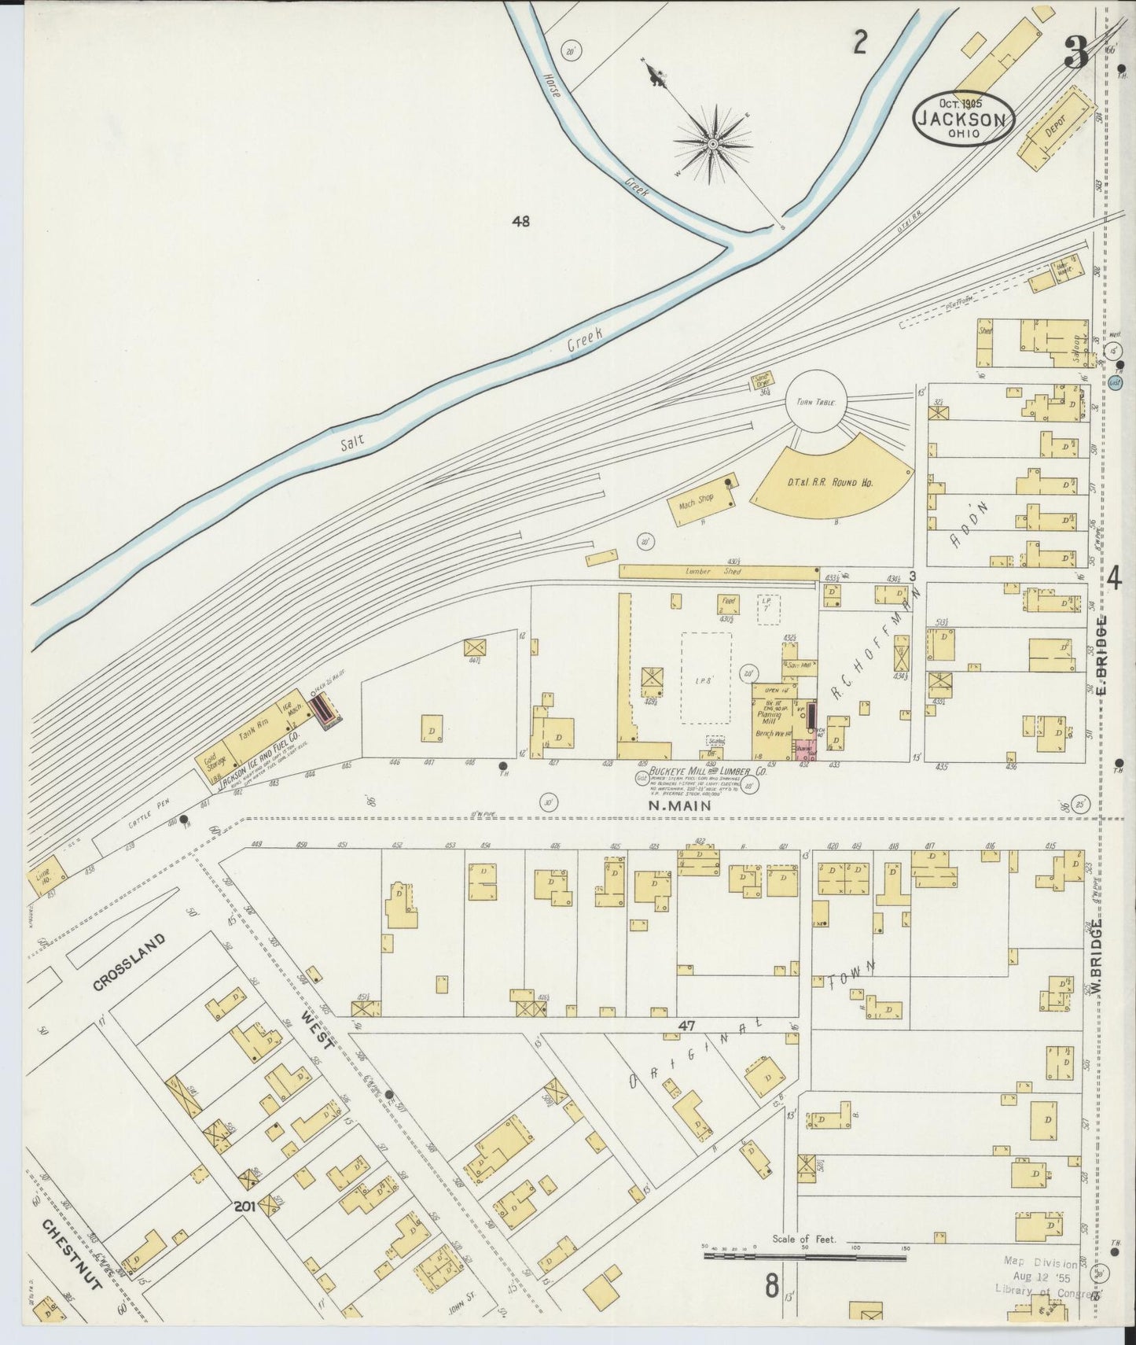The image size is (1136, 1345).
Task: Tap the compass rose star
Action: tap(712, 144)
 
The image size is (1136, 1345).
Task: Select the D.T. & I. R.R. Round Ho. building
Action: tap(833, 481)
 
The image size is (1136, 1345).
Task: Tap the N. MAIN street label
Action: tap(679, 805)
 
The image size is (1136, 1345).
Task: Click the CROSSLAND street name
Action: tap(130, 961)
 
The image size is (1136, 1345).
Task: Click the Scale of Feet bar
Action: tap(806, 1256)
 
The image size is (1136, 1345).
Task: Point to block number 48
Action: tap(520, 222)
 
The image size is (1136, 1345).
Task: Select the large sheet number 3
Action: tap(1075, 53)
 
